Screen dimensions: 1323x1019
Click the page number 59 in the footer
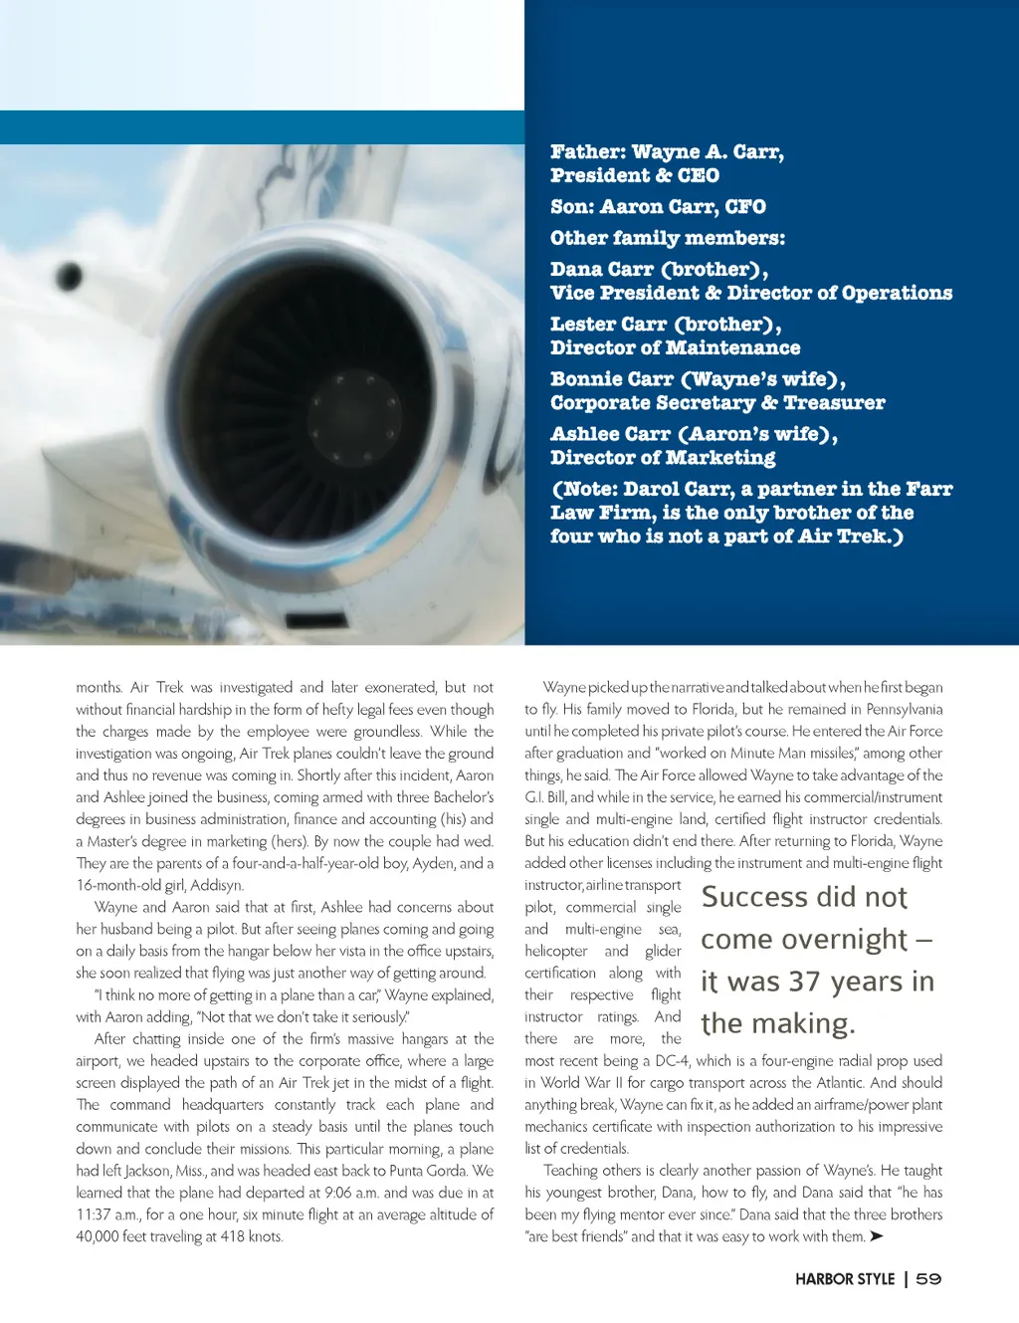pos(928,1279)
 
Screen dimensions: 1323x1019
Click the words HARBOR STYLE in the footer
pos(845,1279)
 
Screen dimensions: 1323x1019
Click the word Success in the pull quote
pos(753,897)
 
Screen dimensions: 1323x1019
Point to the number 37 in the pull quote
pos(804,982)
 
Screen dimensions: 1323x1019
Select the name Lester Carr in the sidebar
pos(608,325)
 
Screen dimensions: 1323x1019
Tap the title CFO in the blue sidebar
pos(745,207)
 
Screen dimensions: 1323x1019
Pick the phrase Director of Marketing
pos(663,458)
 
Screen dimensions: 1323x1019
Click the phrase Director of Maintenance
pos(675,347)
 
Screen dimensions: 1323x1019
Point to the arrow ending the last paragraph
pos(876,1236)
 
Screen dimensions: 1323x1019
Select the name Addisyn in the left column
pos(217,885)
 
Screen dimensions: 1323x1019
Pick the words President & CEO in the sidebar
pos(634,176)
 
